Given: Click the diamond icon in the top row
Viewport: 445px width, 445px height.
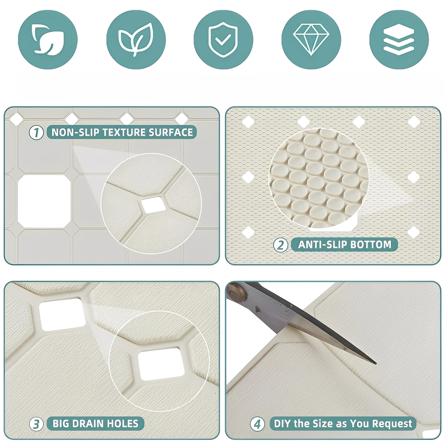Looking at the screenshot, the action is pyautogui.click(x=311, y=40).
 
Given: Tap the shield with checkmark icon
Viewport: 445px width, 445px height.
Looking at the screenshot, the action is pyautogui.click(x=223, y=39).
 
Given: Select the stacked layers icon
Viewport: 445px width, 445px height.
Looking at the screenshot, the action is pyautogui.click(x=399, y=40).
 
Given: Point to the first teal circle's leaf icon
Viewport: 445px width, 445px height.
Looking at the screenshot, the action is pyautogui.click(x=47, y=40).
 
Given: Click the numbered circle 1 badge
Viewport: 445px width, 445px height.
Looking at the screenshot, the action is pyautogui.click(x=36, y=132).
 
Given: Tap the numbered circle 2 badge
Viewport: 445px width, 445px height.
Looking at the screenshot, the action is pyautogui.click(x=280, y=245).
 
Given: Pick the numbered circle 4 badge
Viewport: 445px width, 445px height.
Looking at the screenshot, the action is pyautogui.click(x=257, y=424).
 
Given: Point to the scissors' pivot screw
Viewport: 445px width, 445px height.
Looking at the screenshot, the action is pyautogui.click(x=234, y=294).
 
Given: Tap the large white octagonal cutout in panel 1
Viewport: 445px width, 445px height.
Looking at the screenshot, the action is pyautogui.click(x=44, y=201).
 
